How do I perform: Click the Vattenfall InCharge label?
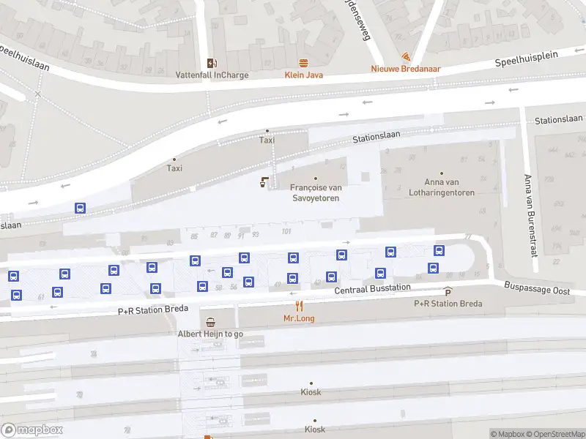(212, 75)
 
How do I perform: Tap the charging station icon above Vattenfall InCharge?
(212, 62)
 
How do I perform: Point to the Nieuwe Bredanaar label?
(405, 69)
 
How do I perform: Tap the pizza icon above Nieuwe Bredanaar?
(406, 56)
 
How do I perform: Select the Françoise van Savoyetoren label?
(316, 192)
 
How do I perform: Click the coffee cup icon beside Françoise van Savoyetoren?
(264, 182)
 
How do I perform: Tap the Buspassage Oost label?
(537, 290)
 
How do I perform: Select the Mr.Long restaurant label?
(298, 318)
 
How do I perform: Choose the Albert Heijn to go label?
(210, 334)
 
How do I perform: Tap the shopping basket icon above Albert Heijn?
(211, 322)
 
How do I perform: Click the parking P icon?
(448, 292)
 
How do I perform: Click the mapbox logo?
(32, 430)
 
